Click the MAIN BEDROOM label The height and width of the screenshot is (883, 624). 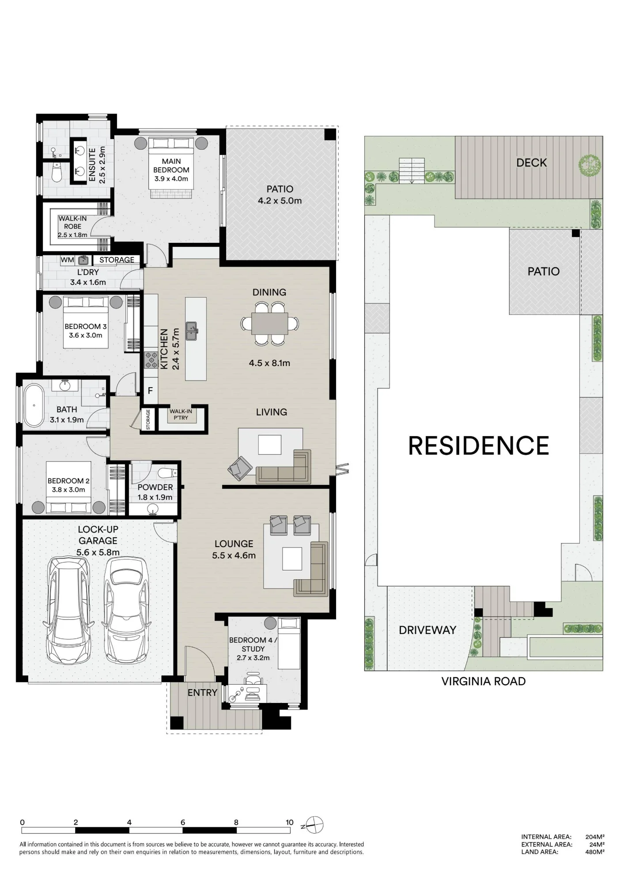[x=171, y=166]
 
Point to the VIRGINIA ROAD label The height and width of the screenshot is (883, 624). [x=484, y=681]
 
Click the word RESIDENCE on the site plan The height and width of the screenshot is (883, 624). [x=479, y=445]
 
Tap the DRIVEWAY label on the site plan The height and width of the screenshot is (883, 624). [x=427, y=630]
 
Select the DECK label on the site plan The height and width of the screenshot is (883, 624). [x=532, y=163]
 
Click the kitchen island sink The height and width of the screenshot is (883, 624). [x=192, y=331]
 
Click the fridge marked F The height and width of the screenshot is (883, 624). [x=151, y=391]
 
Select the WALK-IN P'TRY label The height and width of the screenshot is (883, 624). [x=181, y=414]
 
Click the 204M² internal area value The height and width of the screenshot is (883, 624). [x=595, y=837]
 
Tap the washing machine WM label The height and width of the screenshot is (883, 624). [x=67, y=260]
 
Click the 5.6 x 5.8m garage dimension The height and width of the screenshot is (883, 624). [x=98, y=552]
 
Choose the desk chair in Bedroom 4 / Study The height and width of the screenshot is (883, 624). [x=253, y=677]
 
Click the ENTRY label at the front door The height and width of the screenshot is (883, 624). [x=202, y=693]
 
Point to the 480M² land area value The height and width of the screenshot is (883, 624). [x=595, y=852]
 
